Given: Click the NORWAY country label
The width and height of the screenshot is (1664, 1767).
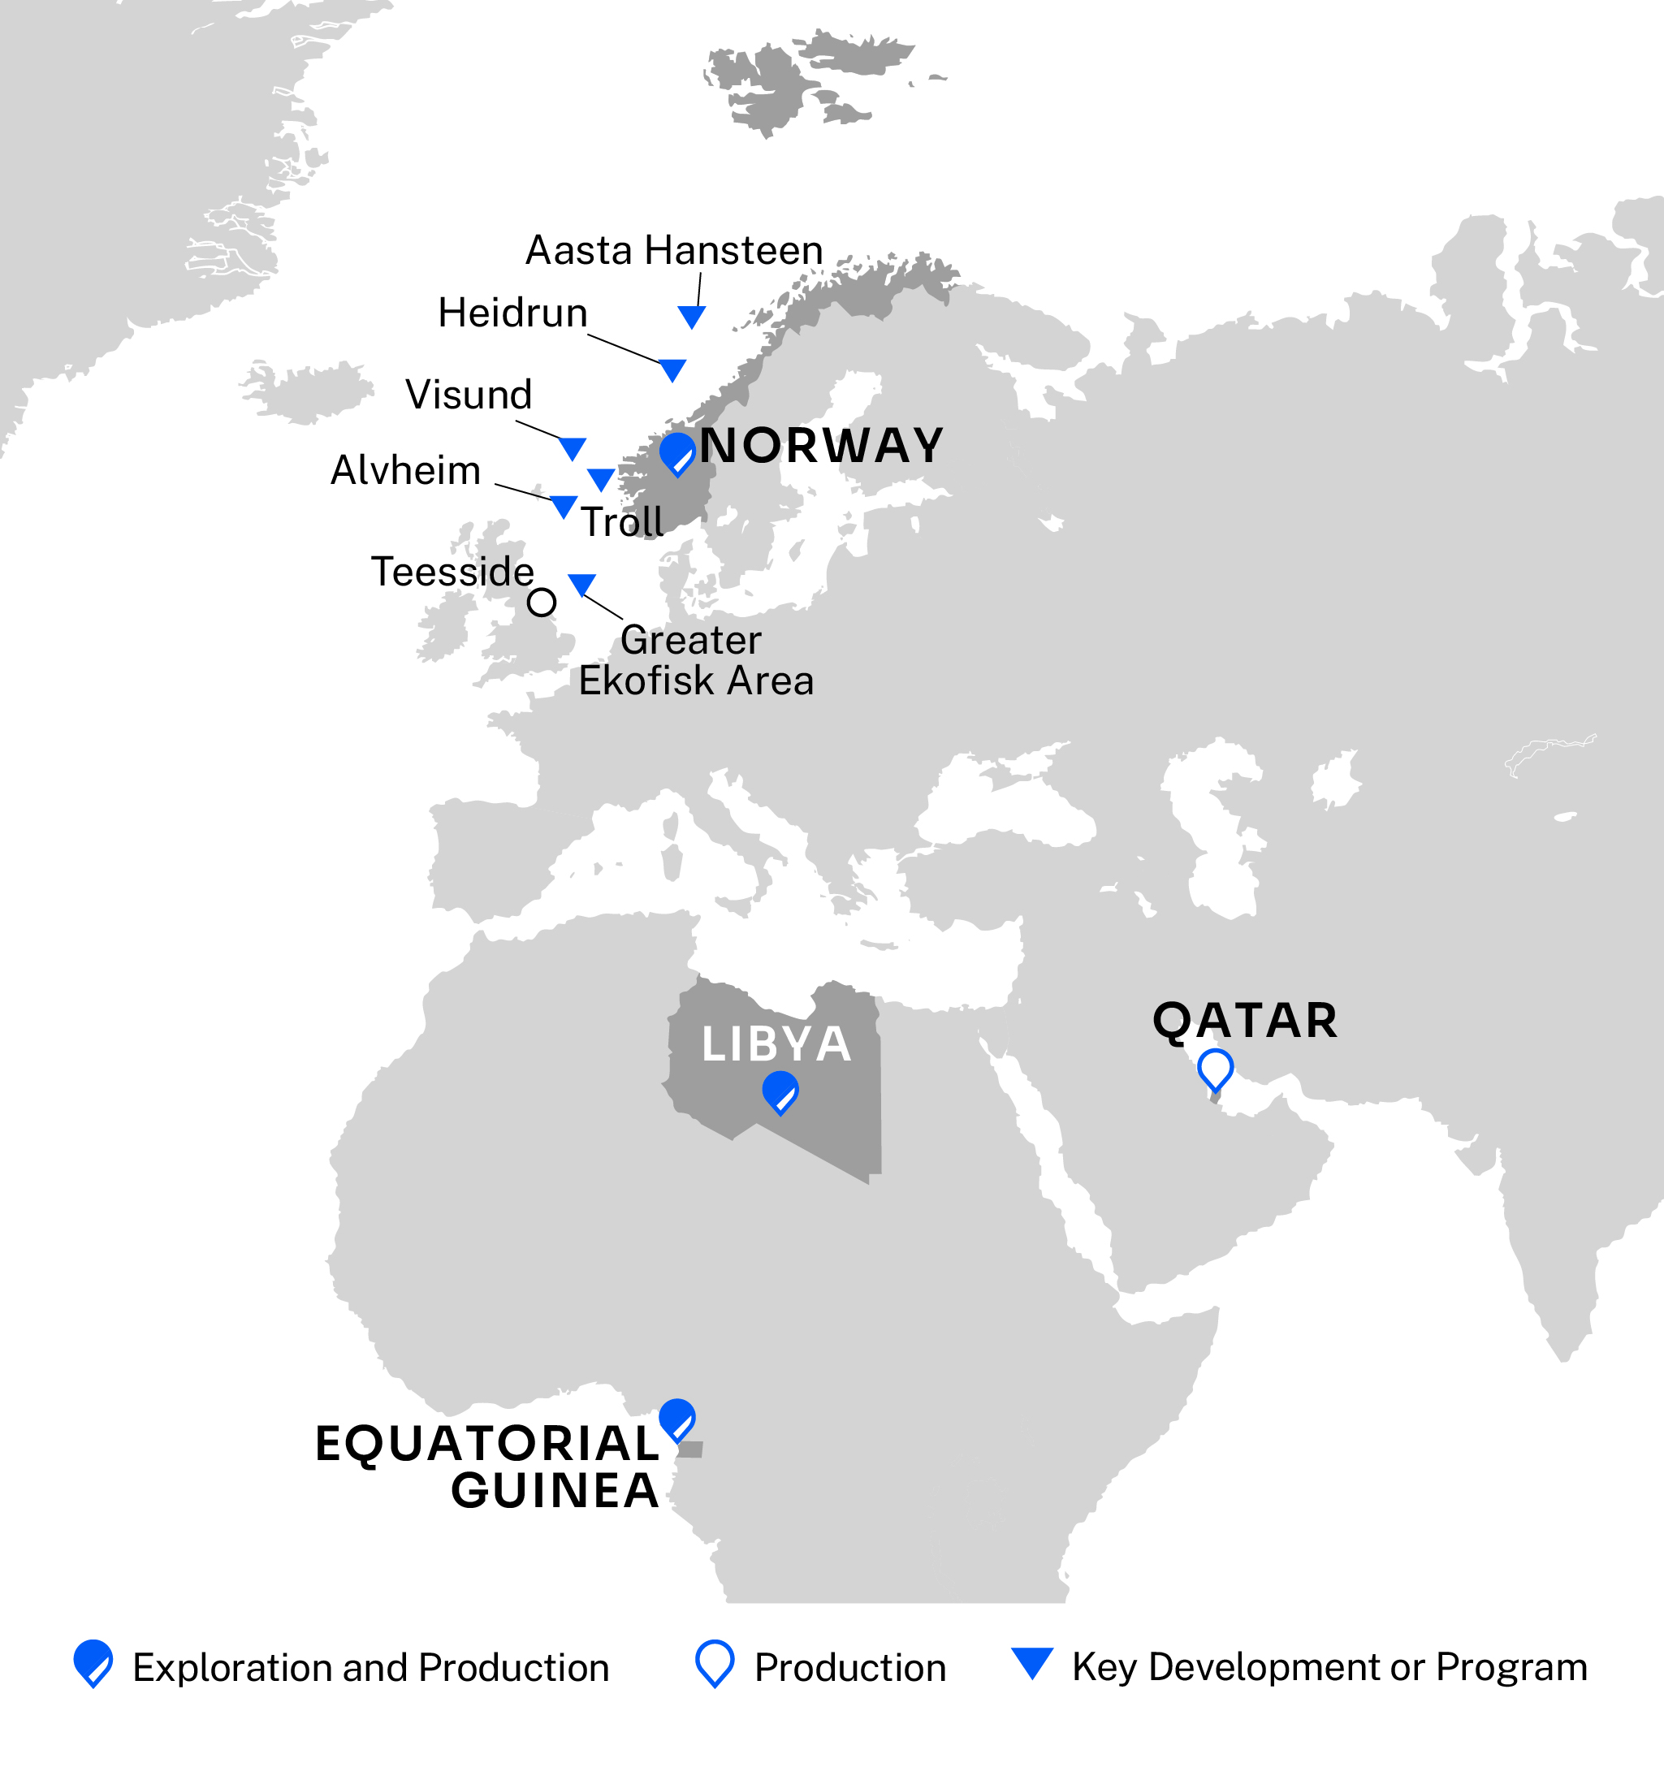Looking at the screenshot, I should click(821, 445).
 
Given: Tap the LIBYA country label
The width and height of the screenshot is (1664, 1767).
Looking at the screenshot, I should click(776, 1043).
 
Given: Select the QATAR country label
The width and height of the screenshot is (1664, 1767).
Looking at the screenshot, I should click(1244, 1021).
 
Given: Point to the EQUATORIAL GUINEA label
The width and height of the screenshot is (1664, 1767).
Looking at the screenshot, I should click(487, 1467).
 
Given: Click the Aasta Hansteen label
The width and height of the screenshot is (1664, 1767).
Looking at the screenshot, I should click(674, 251).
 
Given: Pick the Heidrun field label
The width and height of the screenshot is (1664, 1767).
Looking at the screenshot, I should click(513, 313).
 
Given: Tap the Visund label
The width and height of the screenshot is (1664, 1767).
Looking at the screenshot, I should click(469, 395).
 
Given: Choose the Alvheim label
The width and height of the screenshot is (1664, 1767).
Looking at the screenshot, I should click(405, 470).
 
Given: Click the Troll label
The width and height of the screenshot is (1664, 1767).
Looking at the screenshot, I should click(622, 522).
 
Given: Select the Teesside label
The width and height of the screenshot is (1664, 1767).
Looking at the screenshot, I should click(452, 572).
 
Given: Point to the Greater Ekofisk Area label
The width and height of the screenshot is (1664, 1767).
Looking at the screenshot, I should click(695, 660).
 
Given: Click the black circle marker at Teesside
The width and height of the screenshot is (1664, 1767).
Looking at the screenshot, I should click(542, 603).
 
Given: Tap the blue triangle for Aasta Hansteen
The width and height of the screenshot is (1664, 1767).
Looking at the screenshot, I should click(692, 316).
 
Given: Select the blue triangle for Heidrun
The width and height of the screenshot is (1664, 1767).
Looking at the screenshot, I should click(673, 369).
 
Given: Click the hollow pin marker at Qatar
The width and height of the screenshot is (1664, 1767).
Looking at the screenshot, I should click(1215, 1069).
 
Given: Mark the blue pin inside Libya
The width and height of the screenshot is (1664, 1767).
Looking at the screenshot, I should click(780, 1091).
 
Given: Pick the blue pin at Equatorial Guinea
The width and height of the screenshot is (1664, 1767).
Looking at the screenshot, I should click(677, 1419).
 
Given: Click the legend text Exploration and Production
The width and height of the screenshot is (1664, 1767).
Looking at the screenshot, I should click(370, 1667).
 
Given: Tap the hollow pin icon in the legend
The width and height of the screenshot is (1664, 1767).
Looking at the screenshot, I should click(715, 1663).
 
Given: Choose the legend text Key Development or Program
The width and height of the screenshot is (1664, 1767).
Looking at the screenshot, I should click(1329, 1666).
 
